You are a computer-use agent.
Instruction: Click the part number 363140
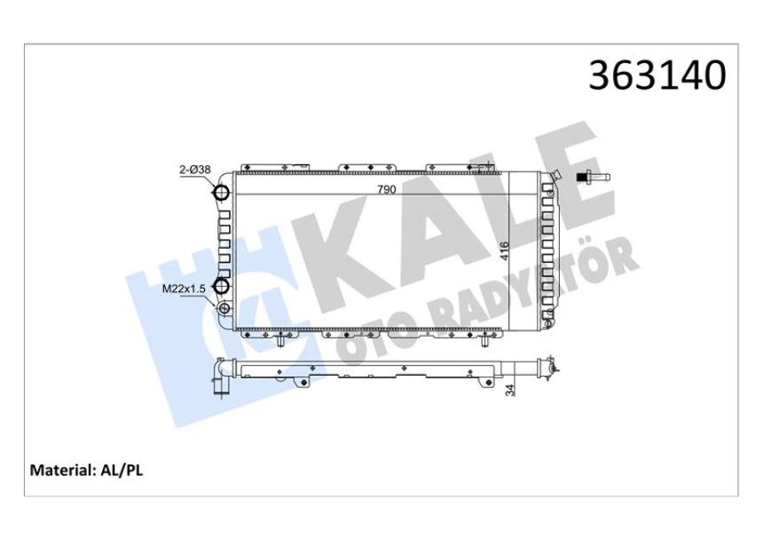pos(658,76)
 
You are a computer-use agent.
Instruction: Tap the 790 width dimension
pos(386,189)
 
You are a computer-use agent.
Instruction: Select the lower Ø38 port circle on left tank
pos(222,286)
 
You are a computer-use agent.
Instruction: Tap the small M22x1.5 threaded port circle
pos(224,308)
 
